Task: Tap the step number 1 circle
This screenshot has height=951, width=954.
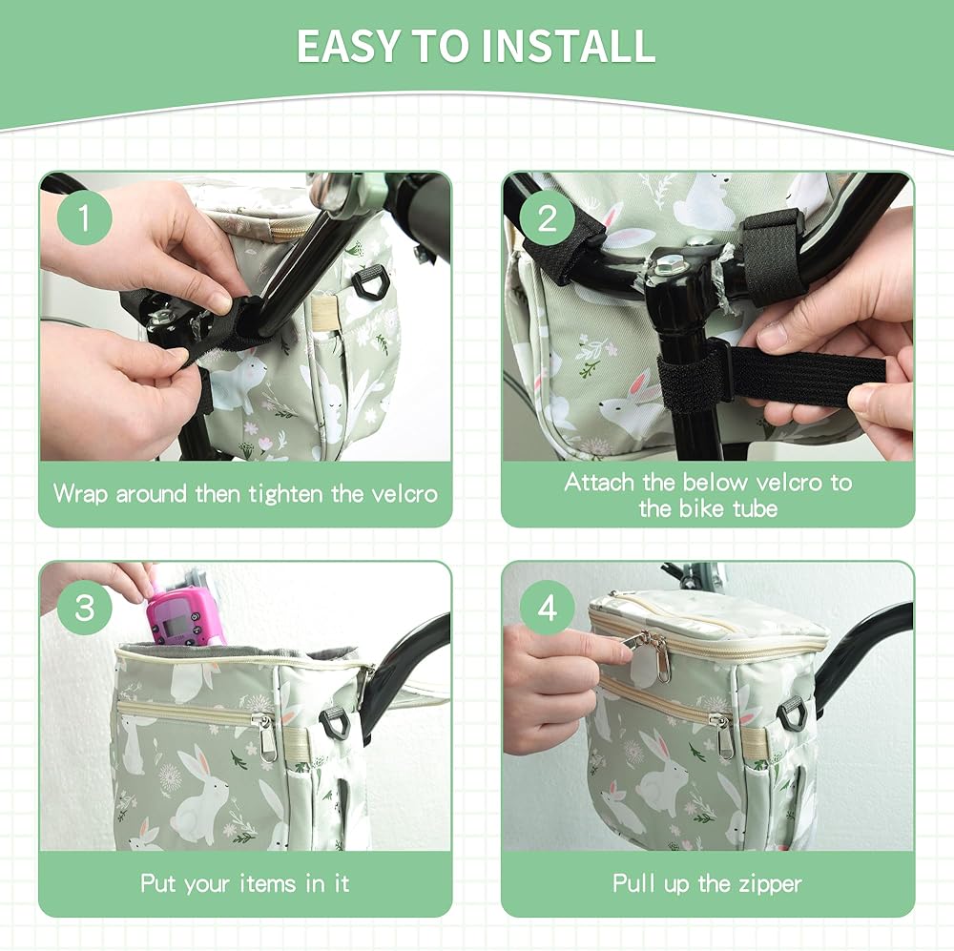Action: (x=85, y=217)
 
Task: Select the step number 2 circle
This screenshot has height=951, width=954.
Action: (x=548, y=217)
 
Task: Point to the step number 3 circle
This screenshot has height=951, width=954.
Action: (x=85, y=608)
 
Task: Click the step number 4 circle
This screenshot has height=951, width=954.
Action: (x=548, y=608)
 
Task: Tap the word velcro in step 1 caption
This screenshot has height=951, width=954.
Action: (x=404, y=493)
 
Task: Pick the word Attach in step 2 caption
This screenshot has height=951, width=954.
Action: (x=599, y=482)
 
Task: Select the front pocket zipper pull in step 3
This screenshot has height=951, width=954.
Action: (x=266, y=738)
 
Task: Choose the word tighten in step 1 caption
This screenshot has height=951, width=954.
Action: (x=286, y=493)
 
